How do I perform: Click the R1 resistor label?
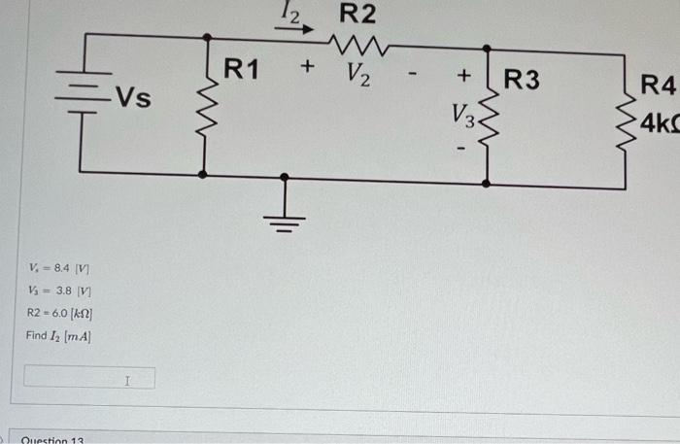click(x=242, y=69)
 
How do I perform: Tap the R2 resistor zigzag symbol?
click(x=359, y=43)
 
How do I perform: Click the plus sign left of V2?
click(x=308, y=68)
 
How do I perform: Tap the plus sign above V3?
click(x=463, y=75)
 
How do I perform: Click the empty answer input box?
click(x=88, y=376)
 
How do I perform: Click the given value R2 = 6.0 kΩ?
click(x=60, y=313)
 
